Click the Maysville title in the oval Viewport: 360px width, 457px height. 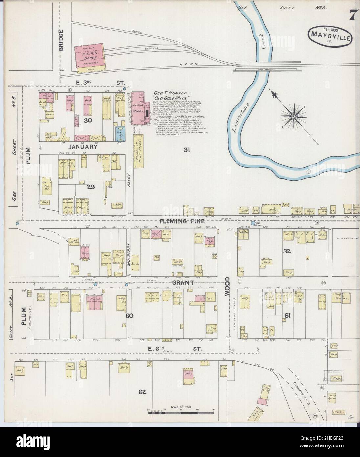click(x=331, y=34)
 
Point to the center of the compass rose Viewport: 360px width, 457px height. click(x=292, y=116)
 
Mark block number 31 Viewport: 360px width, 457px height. click(x=187, y=150)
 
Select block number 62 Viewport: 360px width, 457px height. click(x=142, y=392)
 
